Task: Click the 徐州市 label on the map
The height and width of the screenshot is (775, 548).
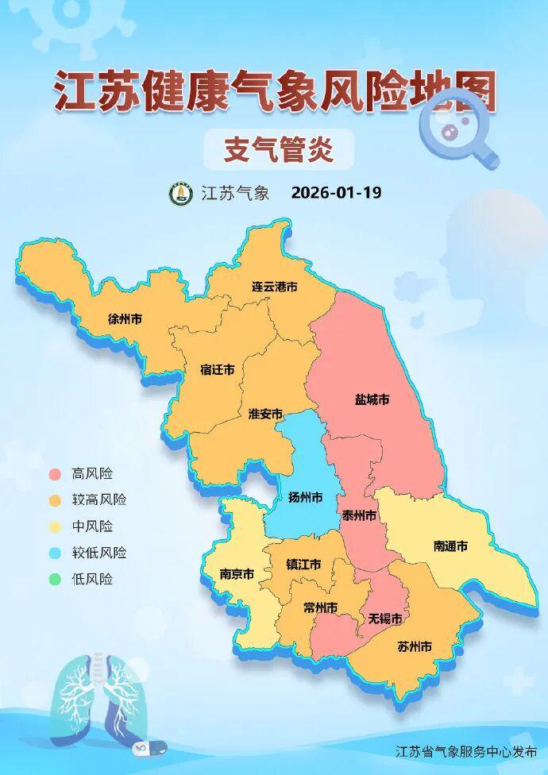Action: point(125,319)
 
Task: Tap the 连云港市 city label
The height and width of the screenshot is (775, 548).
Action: point(274,286)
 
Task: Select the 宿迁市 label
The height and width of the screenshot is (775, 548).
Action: point(217,370)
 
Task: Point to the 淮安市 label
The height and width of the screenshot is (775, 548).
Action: point(265,414)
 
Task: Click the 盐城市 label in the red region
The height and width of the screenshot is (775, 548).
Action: point(372,400)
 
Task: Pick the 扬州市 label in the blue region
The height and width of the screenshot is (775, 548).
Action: point(306,498)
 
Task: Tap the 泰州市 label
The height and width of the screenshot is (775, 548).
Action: point(359,515)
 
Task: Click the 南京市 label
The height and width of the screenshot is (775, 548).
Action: point(237,573)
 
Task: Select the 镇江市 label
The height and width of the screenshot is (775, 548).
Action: point(303,565)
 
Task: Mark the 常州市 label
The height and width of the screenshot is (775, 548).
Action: point(321,607)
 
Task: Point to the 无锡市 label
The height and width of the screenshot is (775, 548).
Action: point(384,618)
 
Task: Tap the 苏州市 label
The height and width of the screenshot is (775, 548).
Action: point(414,646)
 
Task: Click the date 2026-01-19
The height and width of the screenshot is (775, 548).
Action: point(336,193)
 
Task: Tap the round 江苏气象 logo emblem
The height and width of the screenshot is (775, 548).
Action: point(180,193)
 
